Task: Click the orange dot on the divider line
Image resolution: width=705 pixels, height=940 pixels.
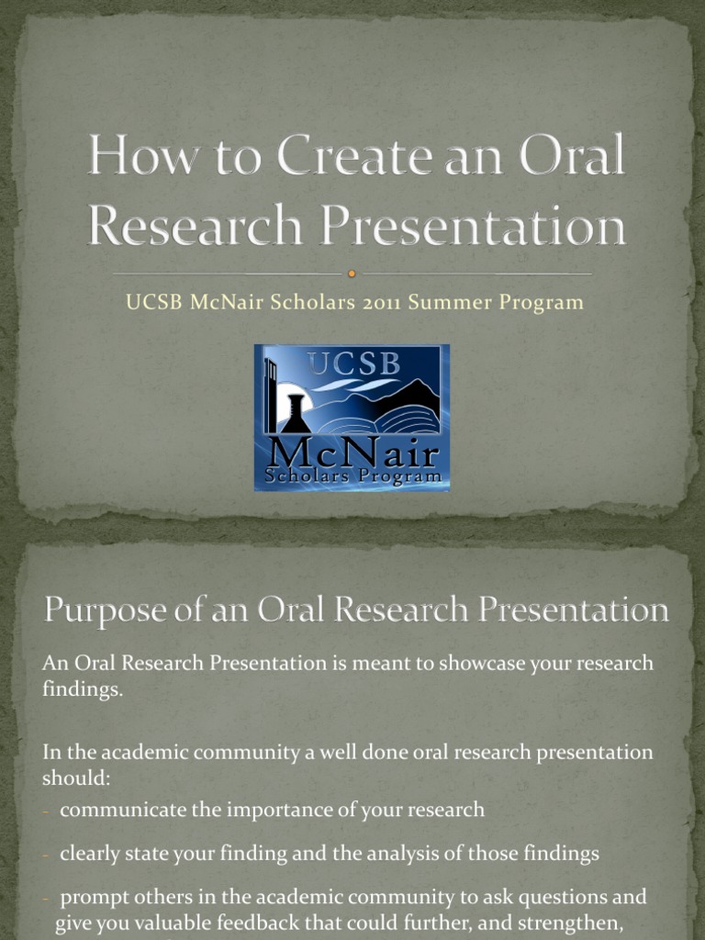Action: (x=352, y=274)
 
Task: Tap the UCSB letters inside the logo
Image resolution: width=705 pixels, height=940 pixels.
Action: (x=354, y=364)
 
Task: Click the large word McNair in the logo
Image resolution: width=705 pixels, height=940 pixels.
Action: (x=352, y=453)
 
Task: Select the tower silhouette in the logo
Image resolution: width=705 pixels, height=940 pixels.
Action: (x=271, y=395)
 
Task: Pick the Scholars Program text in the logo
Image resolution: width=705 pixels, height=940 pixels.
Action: (x=352, y=476)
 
